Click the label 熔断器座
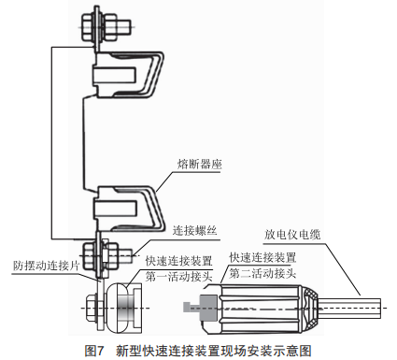click(200, 165)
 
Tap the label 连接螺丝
click(195, 231)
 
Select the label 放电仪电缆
click(292, 235)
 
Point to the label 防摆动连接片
click(47, 266)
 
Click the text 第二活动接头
click(262, 273)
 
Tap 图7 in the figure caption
click(93, 351)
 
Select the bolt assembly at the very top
click(106, 23)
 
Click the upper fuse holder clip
click(128, 74)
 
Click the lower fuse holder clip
click(128, 209)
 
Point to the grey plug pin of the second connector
click(201, 308)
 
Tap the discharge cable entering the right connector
click(349, 308)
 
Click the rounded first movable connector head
click(124, 308)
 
